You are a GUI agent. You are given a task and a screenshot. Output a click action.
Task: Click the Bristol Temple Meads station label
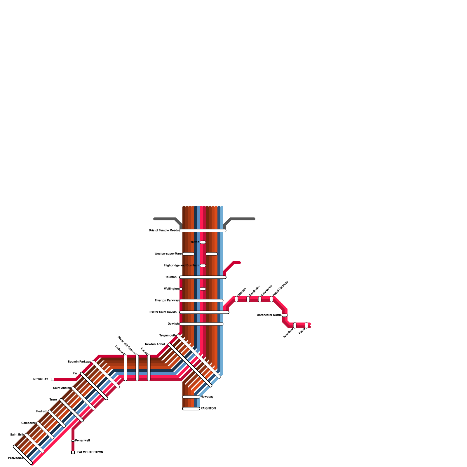point(163,231)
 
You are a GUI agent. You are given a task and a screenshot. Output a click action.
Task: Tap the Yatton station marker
point(203,242)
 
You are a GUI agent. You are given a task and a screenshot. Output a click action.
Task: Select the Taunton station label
point(171,277)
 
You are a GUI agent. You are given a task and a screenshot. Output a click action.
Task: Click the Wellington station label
point(171,289)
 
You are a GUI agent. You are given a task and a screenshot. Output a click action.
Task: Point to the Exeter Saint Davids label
point(163,312)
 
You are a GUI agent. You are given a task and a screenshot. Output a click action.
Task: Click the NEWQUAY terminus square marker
point(53,379)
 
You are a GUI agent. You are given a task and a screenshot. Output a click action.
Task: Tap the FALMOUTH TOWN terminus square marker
point(73,452)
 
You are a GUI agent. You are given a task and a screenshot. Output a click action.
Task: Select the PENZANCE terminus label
point(16,458)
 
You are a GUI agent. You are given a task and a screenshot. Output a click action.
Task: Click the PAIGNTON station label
point(208,409)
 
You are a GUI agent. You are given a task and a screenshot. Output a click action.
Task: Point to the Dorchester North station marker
point(285,315)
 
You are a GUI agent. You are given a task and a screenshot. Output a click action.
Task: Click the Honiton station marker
point(236,299)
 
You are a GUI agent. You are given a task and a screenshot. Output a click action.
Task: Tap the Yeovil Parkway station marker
point(271,299)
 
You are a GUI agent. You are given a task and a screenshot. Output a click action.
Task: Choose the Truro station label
point(53,400)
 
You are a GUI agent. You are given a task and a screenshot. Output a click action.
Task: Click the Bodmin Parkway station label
point(79,362)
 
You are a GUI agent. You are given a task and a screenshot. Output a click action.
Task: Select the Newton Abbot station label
point(155,344)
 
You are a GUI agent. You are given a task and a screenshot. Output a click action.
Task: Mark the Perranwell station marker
point(73,441)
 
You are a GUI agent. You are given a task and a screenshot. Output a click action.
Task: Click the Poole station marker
point(306,325)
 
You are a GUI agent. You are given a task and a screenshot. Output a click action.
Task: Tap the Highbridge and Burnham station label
point(182,266)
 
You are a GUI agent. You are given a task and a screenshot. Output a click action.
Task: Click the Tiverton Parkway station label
point(167,301)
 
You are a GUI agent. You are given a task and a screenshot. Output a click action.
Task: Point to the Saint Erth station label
point(17,435)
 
